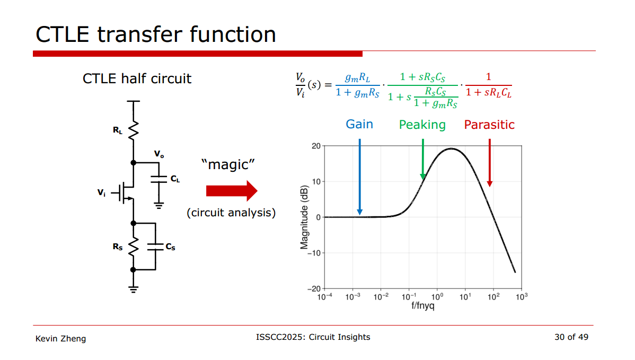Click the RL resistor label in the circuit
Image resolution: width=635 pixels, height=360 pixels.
(x=118, y=130)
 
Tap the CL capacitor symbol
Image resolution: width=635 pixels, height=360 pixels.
(x=159, y=179)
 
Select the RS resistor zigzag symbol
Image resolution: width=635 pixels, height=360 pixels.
(x=133, y=246)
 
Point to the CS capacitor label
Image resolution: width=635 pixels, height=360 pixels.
(x=171, y=247)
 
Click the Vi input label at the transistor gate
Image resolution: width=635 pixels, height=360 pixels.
(x=101, y=193)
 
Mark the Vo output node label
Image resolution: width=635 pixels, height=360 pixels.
(x=159, y=154)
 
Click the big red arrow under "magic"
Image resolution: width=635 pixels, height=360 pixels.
(x=232, y=191)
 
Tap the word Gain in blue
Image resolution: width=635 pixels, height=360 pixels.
(x=359, y=124)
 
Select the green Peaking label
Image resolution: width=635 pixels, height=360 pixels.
(x=422, y=125)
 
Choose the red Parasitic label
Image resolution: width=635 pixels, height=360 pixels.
(x=489, y=125)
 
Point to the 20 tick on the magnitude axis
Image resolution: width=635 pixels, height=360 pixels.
(x=316, y=146)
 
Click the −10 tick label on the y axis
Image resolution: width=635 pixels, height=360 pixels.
(x=314, y=253)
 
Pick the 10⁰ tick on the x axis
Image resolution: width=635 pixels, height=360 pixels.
(x=437, y=297)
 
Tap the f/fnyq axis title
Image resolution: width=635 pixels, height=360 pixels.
(x=423, y=306)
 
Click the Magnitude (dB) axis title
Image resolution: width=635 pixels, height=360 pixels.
(x=304, y=217)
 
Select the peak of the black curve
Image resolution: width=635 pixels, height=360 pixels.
(x=452, y=148)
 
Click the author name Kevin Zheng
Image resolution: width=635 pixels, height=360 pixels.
(x=61, y=339)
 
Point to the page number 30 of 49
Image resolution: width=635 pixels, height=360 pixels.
(x=571, y=337)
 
